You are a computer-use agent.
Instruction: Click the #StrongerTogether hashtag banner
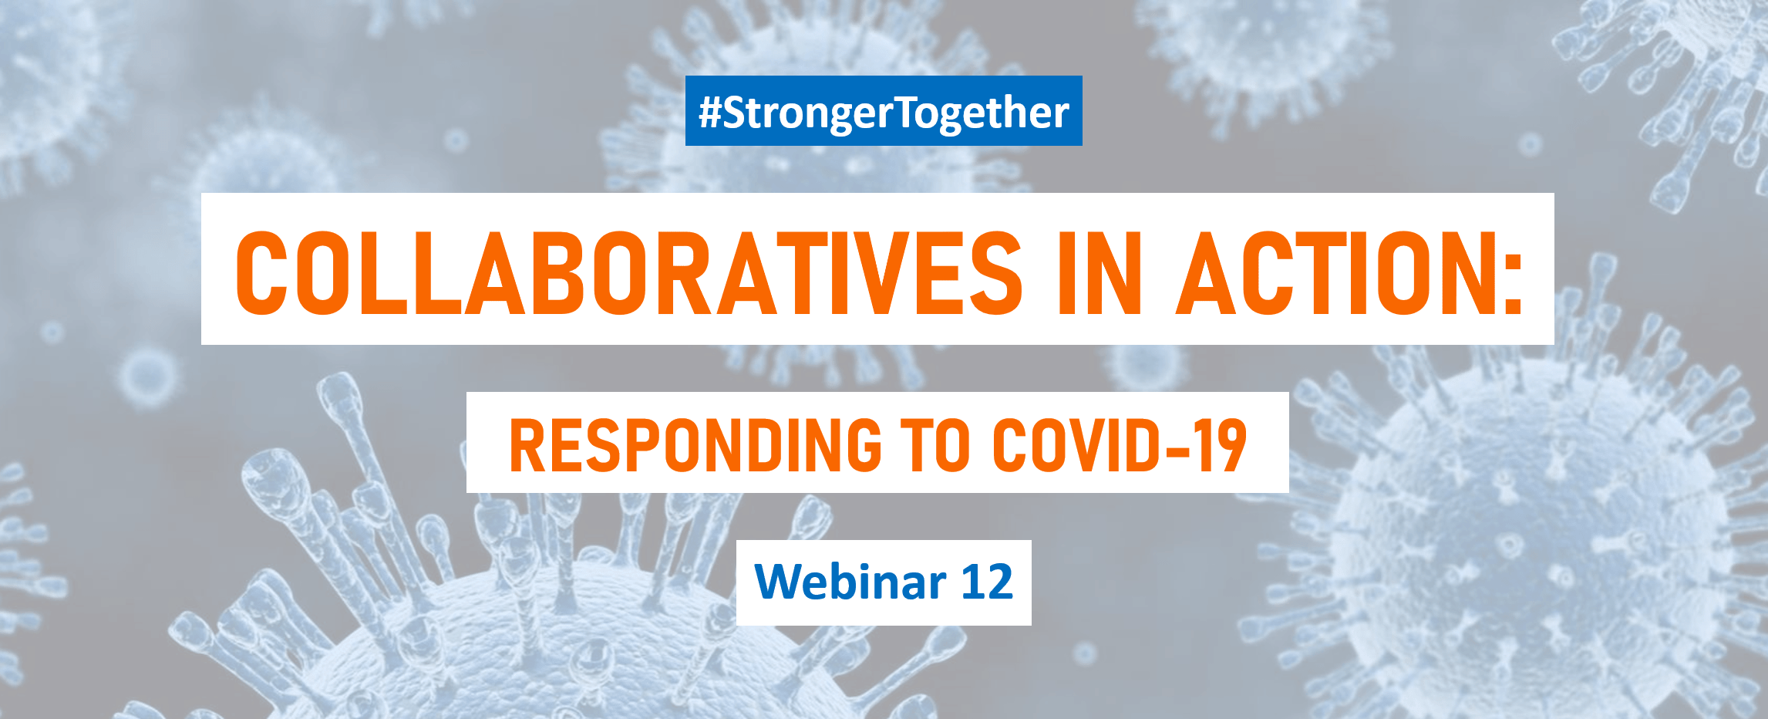pos(884,110)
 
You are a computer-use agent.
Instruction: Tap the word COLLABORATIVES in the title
pos(628,273)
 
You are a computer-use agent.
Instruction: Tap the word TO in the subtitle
pos(938,445)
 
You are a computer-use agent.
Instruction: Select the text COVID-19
pos(1120,445)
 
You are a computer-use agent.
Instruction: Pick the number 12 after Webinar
pos(987,582)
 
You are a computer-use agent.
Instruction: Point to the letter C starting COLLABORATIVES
pos(261,273)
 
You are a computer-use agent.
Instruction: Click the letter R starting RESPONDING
pos(526,445)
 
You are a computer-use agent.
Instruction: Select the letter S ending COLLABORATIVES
pos(996,273)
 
